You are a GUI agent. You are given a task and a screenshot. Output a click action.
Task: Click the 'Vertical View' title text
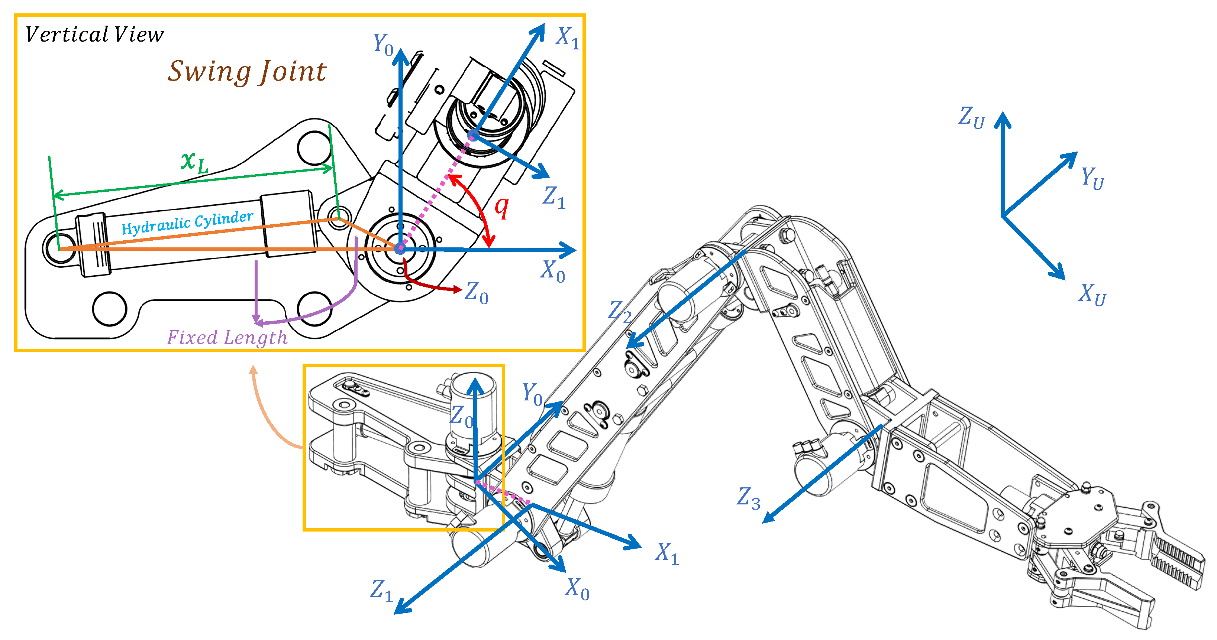[x=94, y=35]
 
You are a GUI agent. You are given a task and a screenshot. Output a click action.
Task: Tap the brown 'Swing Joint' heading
[x=246, y=72]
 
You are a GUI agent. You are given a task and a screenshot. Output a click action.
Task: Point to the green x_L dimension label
[x=194, y=162]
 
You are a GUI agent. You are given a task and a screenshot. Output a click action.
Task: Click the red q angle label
[x=502, y=207]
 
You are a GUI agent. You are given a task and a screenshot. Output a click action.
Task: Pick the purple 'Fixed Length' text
[x=227, y=338]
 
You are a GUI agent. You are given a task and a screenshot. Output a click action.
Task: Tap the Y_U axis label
[x=1092, y=178]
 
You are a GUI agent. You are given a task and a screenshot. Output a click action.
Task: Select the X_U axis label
[x=1092, y=295]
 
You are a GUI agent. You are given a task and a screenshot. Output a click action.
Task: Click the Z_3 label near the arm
[x=749, y=498]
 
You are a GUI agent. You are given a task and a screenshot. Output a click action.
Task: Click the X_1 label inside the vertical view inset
[x=567, y=38]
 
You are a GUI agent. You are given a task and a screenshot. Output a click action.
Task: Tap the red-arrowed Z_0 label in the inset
[x=476, y=293]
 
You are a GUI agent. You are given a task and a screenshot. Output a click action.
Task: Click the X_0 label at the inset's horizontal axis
[x=553, y=272]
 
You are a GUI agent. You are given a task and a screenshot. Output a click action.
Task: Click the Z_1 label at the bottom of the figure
[x=382, y=591]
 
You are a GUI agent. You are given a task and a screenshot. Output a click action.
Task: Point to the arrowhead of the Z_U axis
[x=1003, y=120]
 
